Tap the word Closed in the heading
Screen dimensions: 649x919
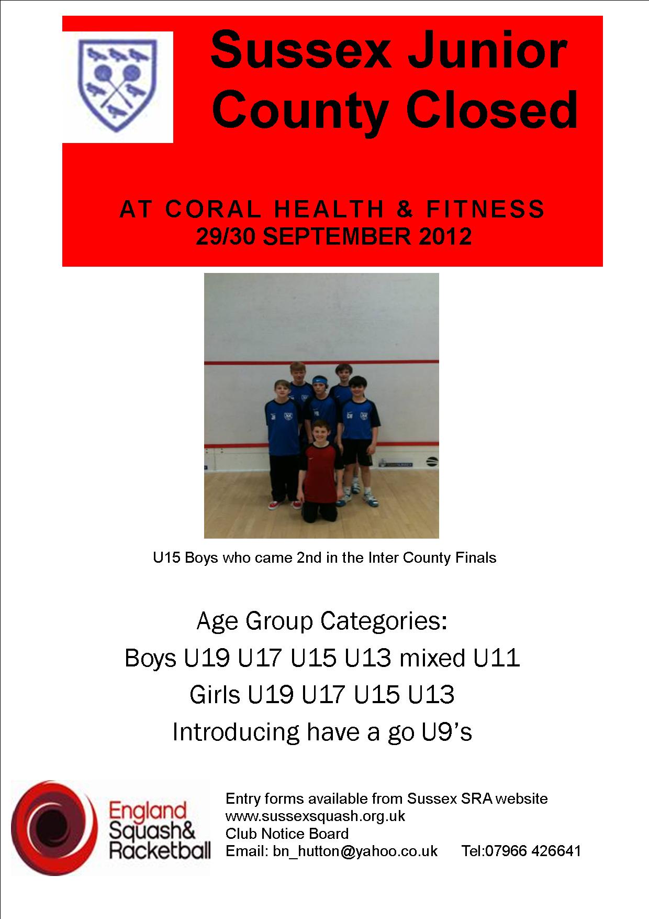tap(493, 110)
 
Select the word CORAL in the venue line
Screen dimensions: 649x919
tap(213, 210)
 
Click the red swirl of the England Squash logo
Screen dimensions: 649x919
tap(54, 828)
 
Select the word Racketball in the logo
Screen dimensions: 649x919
tap(160, 850)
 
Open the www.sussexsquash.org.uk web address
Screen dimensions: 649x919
tap(315, 816)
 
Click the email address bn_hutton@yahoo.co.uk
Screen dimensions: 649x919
tap(355, 851)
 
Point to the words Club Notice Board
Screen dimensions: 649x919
tap(287, 834)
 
